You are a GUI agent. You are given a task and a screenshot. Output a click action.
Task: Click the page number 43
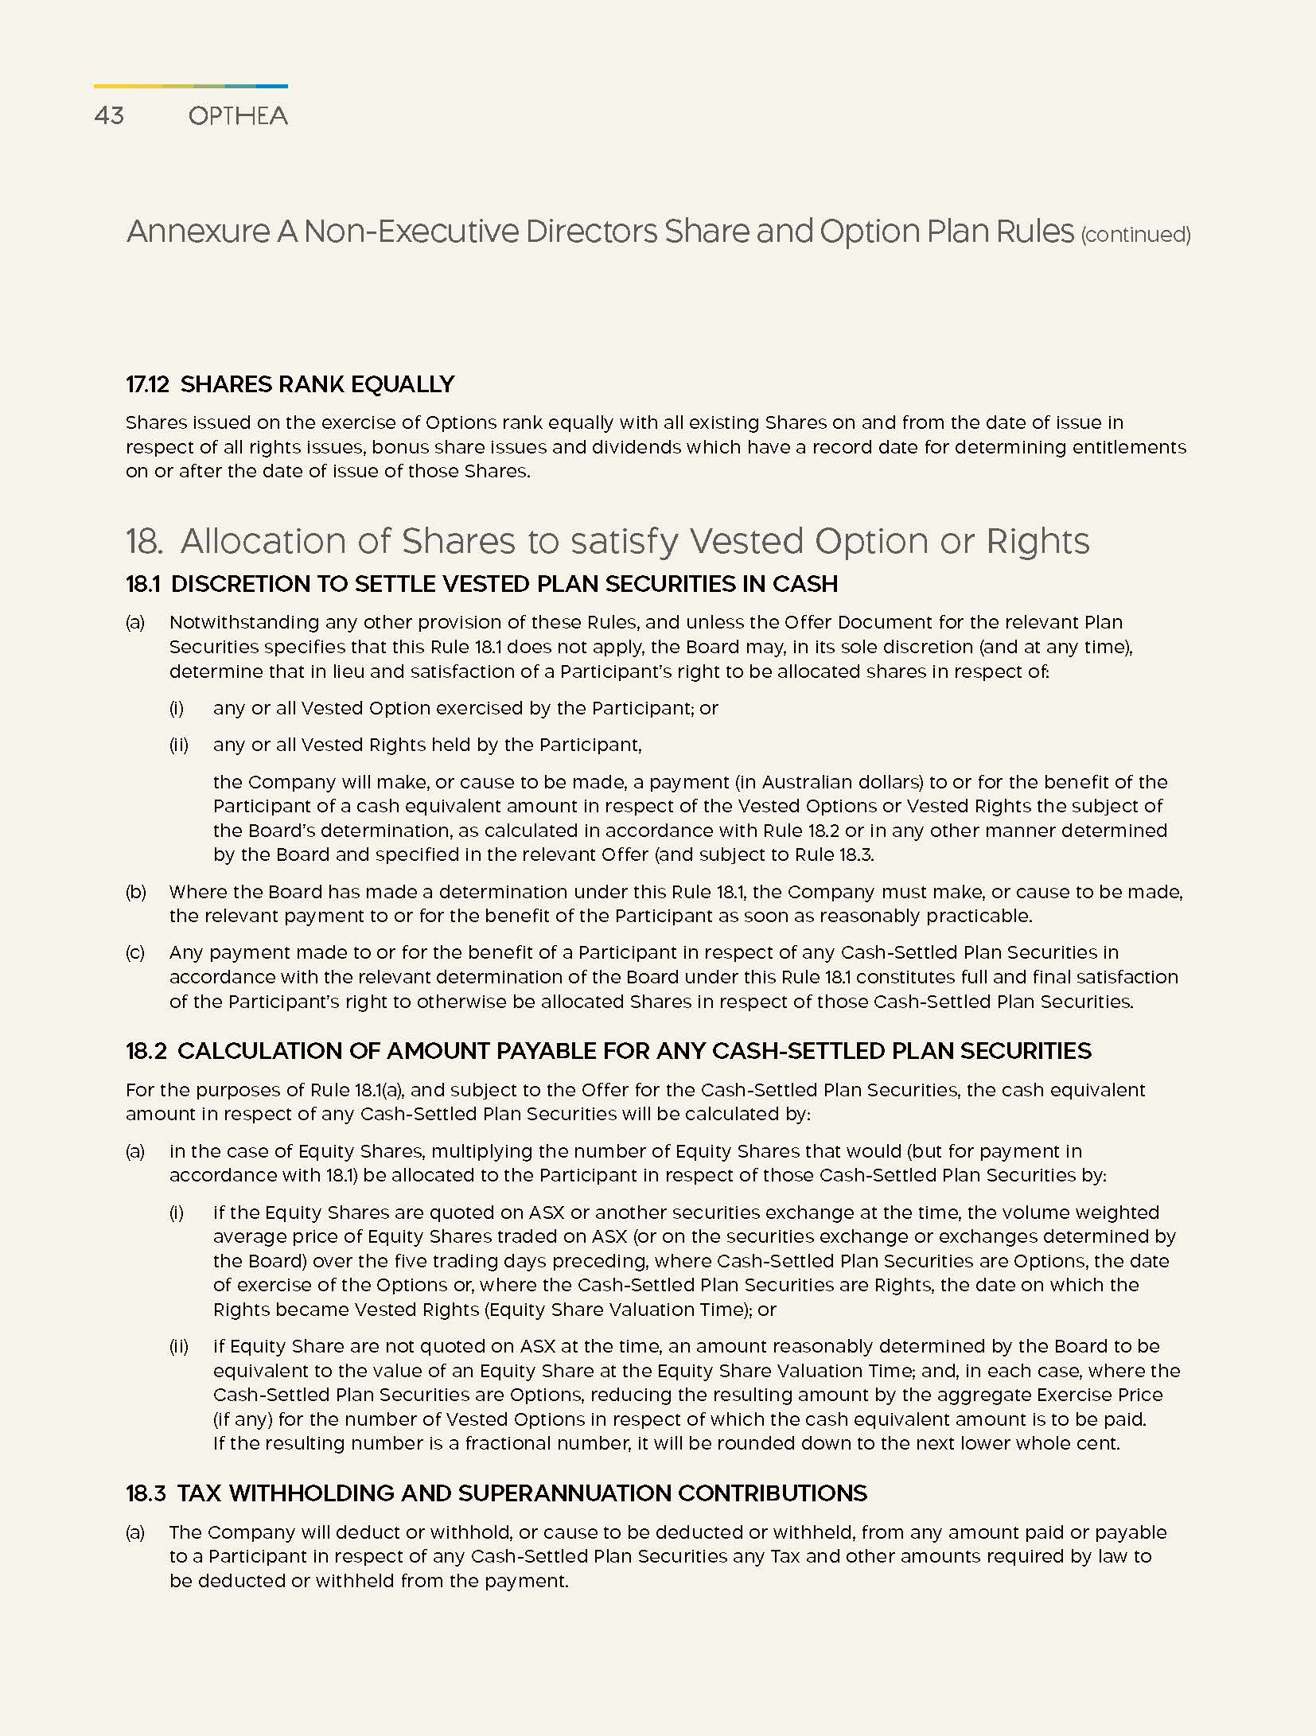tap(109, 116)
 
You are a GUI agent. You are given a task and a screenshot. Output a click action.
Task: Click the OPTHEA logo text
tap(238, 116)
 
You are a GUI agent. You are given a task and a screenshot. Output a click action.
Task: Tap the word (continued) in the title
tap(1135, 235)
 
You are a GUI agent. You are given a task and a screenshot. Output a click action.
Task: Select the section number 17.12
tap(147, 385)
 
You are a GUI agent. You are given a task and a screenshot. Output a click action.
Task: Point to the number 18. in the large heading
tap(144, 542)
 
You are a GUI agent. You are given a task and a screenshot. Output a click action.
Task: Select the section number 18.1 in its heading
tap(142, 585)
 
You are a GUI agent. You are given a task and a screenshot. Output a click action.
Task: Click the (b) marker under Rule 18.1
tap(136, 892)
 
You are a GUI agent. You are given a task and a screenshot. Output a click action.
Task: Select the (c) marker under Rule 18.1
tap(135, 953)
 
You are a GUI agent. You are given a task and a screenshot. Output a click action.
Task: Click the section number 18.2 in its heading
tap(146, 1051)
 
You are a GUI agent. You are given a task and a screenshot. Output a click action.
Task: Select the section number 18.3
tap(146, 1493)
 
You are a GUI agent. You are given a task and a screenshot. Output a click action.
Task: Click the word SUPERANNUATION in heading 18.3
tap(562, 1493)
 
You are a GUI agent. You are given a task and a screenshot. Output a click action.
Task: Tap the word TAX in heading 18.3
tap(195, 1493)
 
